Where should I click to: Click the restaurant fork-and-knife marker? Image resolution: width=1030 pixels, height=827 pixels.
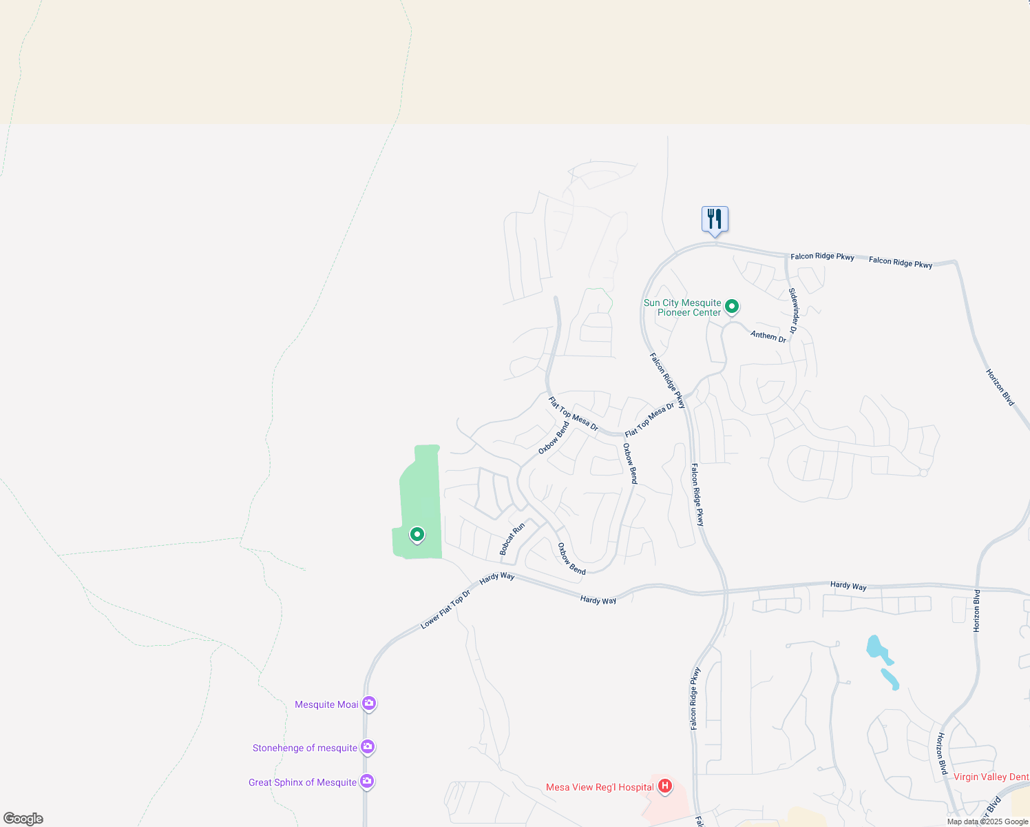[x=715, y=219]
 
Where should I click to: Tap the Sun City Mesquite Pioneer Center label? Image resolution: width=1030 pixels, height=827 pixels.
[x=682, y=308]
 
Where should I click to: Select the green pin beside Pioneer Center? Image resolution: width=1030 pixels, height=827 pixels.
[x=732, y=305]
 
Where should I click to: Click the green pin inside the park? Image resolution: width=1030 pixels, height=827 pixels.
[x=417, y=534]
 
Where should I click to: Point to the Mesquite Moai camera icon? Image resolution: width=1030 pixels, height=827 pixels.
[x=369, y=704]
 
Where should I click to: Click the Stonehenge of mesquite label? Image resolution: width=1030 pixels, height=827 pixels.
[x=305, y=748]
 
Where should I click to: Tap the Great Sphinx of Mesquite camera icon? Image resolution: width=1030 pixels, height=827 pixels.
[x=367, y=782]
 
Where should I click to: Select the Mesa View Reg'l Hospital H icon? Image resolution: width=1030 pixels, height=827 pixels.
[x=664, y=786]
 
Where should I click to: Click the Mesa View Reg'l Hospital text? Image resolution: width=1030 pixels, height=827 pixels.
[x=600, y=787]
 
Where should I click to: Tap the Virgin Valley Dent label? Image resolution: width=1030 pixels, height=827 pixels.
[x=991, y=777]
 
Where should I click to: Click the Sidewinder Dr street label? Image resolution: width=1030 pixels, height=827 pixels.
[x=793, y=311]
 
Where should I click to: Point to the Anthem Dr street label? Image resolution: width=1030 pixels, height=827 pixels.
[x=768, y=336]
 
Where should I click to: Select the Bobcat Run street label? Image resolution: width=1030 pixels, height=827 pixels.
[x=512, y=539]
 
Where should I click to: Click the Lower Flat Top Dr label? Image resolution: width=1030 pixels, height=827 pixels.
[x=445, y=610]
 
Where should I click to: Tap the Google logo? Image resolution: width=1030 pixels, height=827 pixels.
[x=23, y=819]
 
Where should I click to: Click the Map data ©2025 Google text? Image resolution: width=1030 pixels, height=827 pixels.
[x=987, y=821]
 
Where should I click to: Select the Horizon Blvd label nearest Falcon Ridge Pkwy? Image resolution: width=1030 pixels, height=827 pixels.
[x=1000, y=387]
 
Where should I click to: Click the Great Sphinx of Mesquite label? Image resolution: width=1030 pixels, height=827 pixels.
[x=303, y=782]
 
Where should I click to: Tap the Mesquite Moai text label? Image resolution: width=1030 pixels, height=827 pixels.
[x=326, y=704]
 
